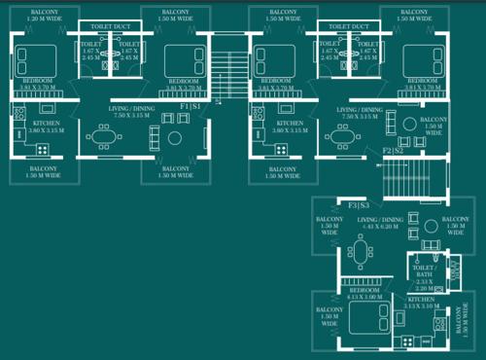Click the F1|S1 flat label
pos(190,105)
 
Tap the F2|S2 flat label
pos(393,151)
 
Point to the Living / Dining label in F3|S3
pos(379,223)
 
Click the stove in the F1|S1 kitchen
pos(42,149)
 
